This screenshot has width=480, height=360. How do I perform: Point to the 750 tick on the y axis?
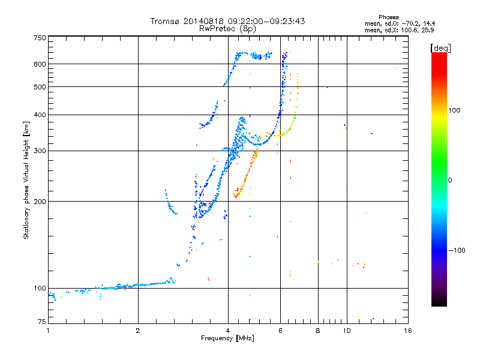click(40, 38)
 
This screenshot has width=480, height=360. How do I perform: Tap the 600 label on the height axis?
click(40, 64)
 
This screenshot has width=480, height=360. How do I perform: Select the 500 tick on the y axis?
click(40, 87)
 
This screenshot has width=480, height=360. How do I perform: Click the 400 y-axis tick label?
click(40, 115)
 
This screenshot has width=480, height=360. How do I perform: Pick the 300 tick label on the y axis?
click(40, 151)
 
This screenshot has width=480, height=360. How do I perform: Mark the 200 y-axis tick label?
click(40, 201)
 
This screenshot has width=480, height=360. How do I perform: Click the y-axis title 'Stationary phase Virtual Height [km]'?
click(26, 180)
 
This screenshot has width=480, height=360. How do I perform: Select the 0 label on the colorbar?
click(450, 180)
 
